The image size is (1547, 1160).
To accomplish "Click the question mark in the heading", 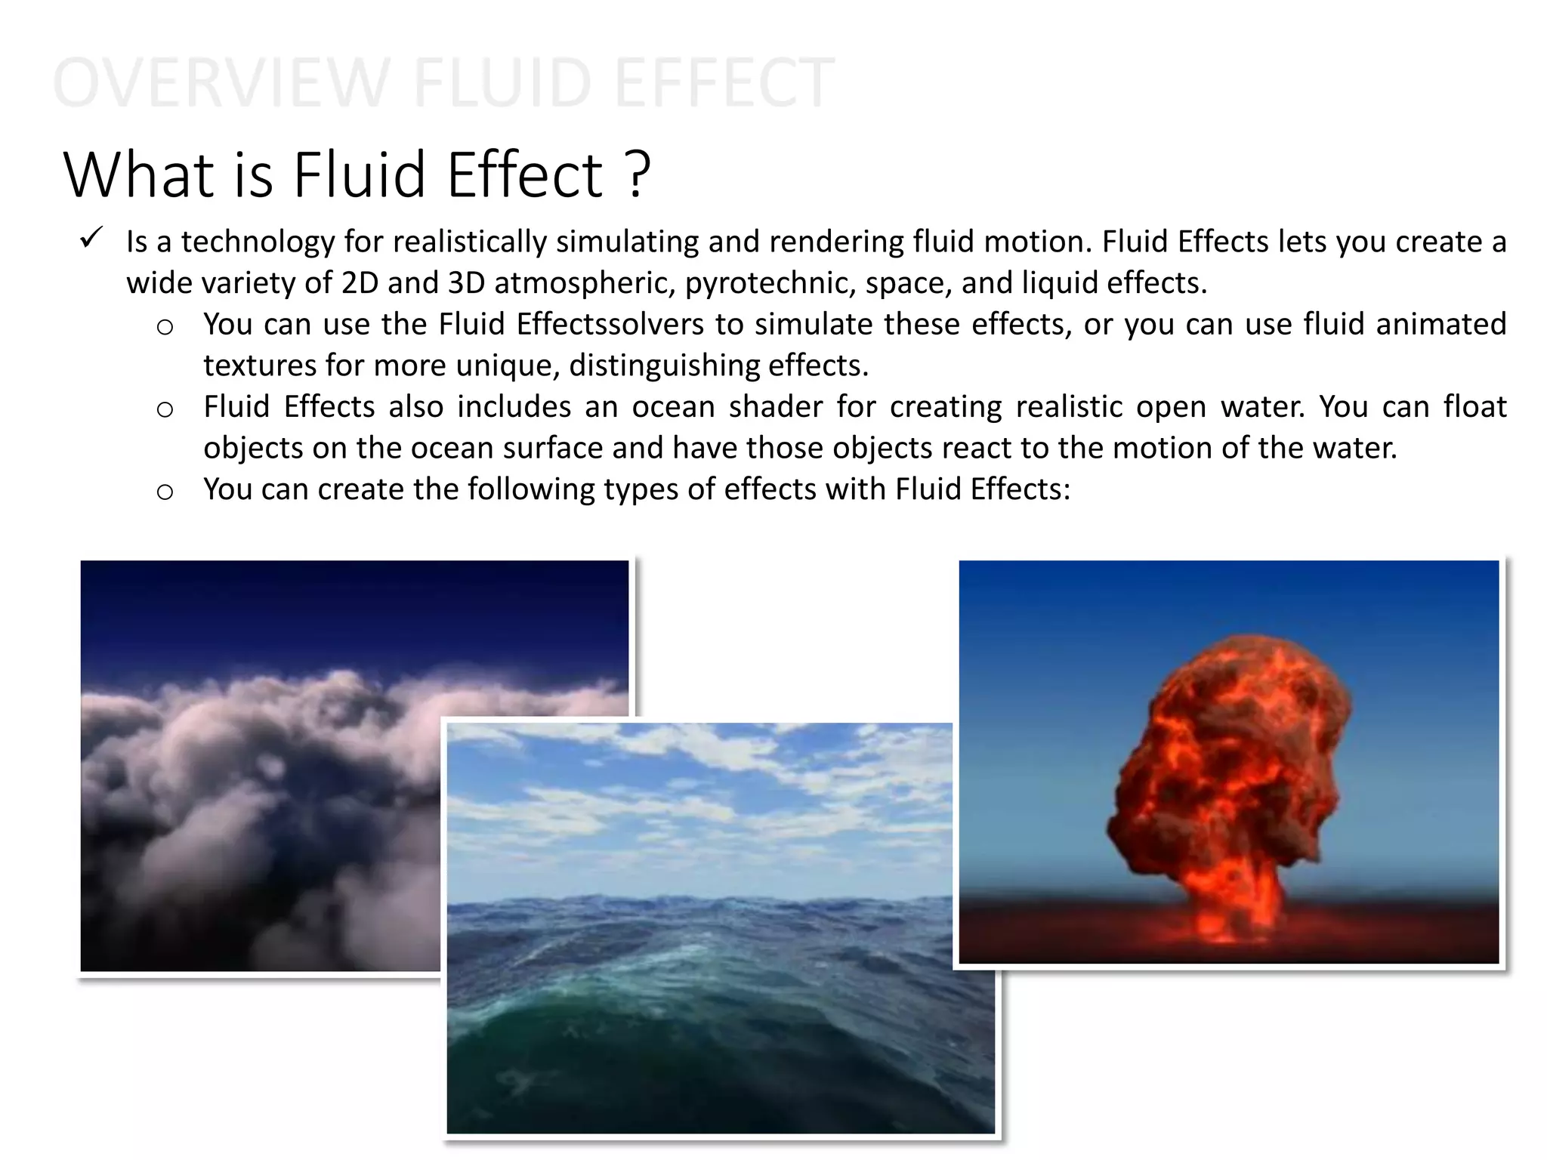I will [638, 175].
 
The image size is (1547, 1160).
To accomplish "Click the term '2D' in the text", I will [360, 283].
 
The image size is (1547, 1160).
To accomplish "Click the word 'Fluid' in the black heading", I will [360, 175].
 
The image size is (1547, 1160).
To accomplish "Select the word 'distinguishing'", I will [664, 366].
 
